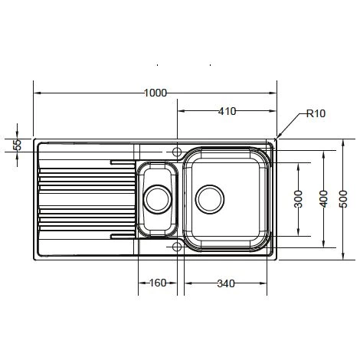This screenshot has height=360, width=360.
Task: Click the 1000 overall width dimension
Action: tap(155, 93)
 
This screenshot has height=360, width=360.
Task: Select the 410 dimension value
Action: tap(227, 111)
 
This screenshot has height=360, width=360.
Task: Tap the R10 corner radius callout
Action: tap(316, 113)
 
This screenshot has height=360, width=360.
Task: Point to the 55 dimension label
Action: tap(18, 145)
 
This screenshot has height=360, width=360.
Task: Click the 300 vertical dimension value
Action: tap(298, 199)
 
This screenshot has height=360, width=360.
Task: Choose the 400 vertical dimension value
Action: tap(323, 199)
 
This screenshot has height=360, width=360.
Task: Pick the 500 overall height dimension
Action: tap(343, 199)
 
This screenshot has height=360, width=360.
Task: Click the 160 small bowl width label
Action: tap(158, 283)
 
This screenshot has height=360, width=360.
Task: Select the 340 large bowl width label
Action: tap(226, 283)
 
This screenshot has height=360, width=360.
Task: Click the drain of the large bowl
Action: tap(210, 199)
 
